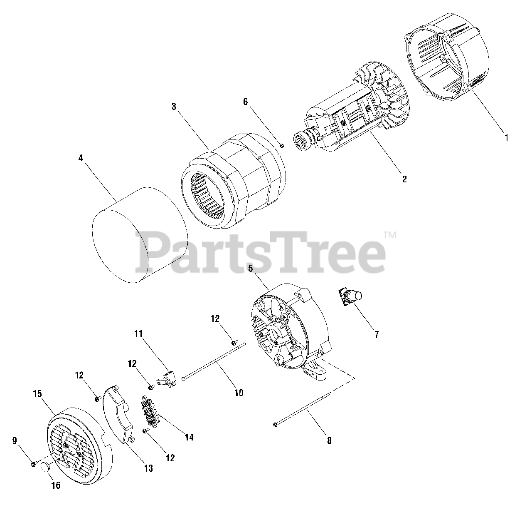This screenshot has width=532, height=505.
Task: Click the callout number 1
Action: click(506, 137)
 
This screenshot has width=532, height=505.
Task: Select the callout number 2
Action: click(404, 179)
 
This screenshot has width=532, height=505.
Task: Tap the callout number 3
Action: click(174, 107)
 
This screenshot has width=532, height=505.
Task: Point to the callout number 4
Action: click(80, 158)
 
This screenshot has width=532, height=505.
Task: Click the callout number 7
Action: click(377, 334)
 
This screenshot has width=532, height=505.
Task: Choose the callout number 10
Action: click(239, 392)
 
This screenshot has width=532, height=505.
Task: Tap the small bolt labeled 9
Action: click(33, 463)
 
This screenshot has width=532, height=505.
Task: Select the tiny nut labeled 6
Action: click(281, 146)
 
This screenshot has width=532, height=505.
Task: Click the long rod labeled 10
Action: click(214, 361)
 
